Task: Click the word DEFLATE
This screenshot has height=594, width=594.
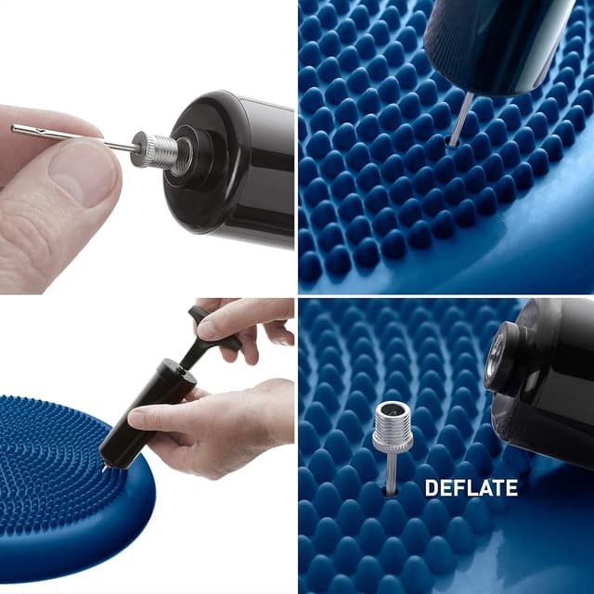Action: (x=471, y=487)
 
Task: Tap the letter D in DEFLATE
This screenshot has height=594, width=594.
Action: (x=431, y=487)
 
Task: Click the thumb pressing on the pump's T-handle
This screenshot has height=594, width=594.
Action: (x=218, y=321)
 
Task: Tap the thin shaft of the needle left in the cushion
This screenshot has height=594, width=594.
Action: (x=392, y=470)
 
